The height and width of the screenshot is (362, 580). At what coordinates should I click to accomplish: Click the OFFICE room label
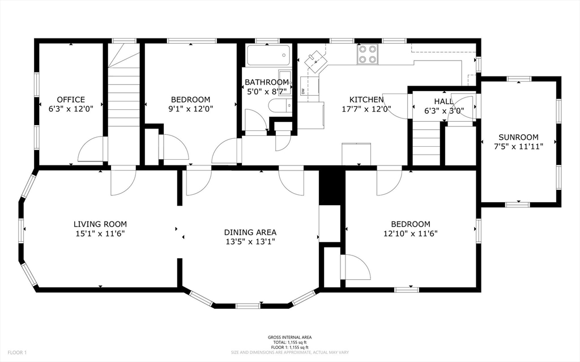71,99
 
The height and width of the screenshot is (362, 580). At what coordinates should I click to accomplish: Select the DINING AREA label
250,232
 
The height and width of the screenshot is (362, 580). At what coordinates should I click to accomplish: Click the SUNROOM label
518,137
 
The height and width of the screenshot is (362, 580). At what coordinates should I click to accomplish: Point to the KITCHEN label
366,100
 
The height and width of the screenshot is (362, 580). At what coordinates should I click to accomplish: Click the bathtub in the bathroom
268,56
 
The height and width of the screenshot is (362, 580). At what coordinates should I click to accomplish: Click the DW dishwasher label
304,91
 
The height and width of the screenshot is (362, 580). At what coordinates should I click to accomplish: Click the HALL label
443,101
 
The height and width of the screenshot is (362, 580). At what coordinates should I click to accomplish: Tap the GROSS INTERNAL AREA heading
289,338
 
